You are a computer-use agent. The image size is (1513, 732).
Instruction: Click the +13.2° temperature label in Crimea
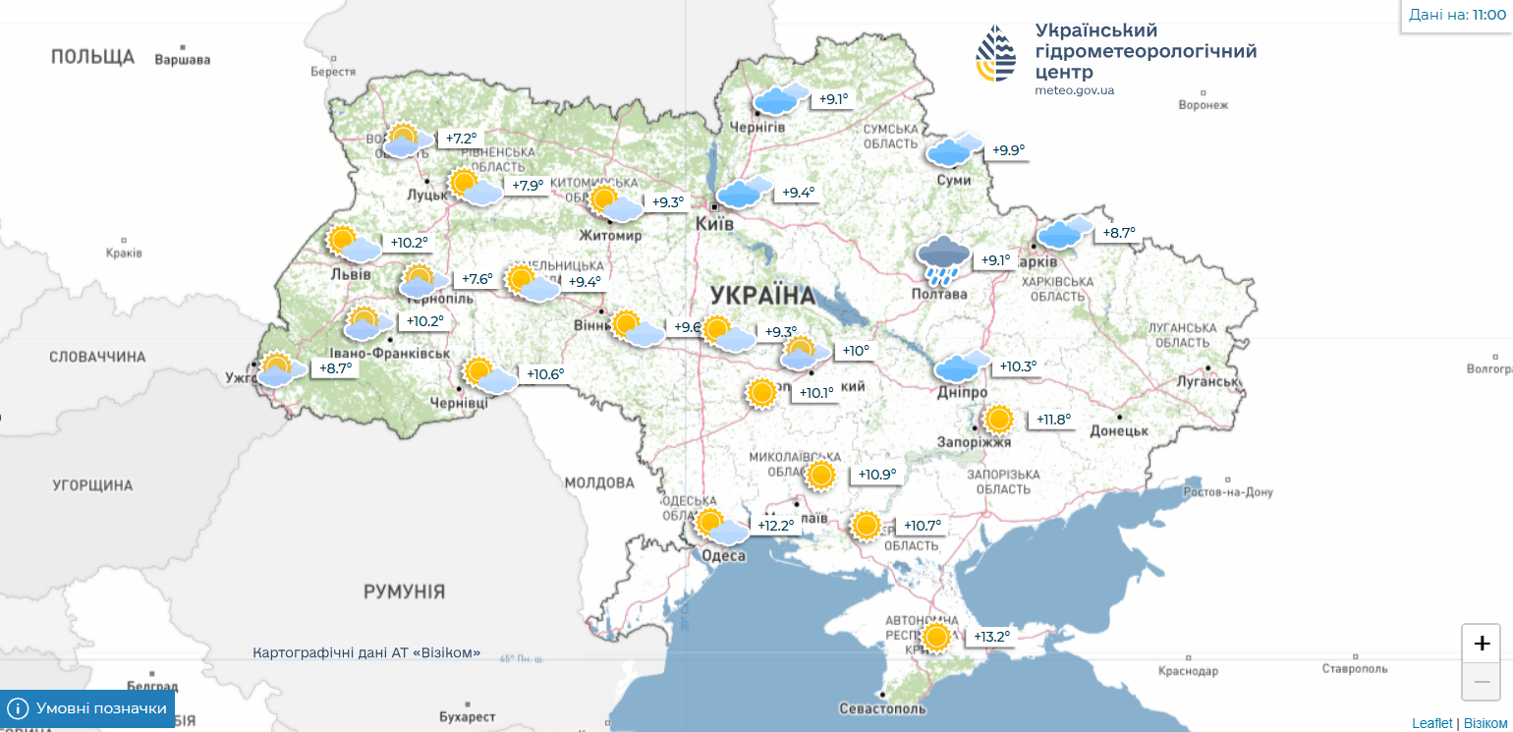pos(991,637)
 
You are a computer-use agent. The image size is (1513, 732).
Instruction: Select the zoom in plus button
pos(1481,644)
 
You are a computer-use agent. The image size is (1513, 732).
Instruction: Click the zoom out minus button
pos(1481,682)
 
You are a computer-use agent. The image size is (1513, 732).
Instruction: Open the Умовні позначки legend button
pos(87,708)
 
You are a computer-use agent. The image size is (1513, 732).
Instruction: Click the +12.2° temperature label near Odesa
pos(775,526)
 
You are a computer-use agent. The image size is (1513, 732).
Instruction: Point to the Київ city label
pos(714,224)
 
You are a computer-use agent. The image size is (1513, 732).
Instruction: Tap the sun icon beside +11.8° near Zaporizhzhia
pos(998,420)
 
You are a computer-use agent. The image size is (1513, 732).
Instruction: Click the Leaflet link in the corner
pos(1431,723)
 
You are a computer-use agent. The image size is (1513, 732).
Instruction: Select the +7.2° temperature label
pos(461,139)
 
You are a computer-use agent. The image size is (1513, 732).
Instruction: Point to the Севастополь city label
pos(882,708)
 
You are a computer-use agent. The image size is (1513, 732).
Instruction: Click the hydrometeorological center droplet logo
pos(995,54)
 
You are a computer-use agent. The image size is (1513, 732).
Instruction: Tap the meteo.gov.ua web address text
pos(1074,90)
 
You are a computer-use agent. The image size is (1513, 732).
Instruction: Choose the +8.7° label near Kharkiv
pos(1118,233)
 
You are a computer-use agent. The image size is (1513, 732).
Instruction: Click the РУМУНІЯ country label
pos(404,591)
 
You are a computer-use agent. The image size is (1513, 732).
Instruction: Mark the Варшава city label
pos(183,59)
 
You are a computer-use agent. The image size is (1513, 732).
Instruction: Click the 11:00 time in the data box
pos(1488,15)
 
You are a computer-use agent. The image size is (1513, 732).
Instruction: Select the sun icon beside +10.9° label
pos(821,476)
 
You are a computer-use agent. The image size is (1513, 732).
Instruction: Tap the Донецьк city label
pos(1118,430)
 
